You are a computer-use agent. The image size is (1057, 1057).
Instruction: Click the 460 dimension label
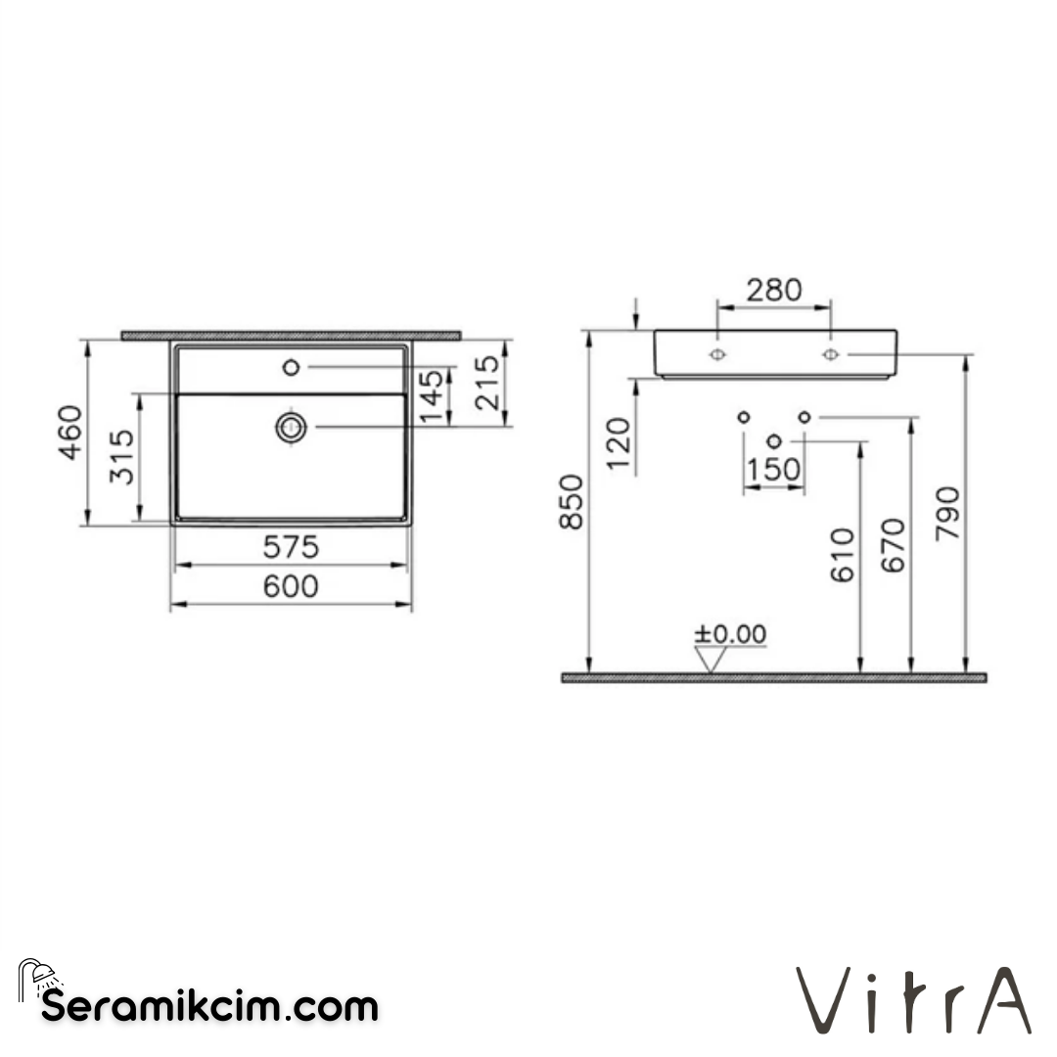(x=70, y=431)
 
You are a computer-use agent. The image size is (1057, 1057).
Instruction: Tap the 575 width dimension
(x=291, y=548)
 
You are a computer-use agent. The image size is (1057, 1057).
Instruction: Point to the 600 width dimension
(x=291, y=586)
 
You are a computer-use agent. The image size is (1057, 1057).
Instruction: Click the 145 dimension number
(x=432, y=396)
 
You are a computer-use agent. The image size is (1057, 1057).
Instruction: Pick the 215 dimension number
(x=486, y=383)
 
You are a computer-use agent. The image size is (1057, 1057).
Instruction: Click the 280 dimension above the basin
(x=773, y=290)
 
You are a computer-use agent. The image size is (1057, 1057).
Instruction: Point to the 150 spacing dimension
(x=773, y=471)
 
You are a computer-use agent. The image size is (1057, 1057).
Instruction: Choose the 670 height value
(x=895, y=546)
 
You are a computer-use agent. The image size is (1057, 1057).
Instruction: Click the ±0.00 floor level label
(x=730, y=634)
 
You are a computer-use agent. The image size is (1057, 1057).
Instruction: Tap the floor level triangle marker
(x=712, y=661)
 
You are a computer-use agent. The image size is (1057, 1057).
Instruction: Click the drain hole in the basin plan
(x=291, y=427)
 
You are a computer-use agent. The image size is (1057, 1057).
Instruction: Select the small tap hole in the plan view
(x=291, y=367)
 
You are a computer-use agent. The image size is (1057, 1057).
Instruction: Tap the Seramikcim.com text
(x=209, y=1005)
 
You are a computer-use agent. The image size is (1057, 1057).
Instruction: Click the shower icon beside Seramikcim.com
(x=39, y=978)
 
